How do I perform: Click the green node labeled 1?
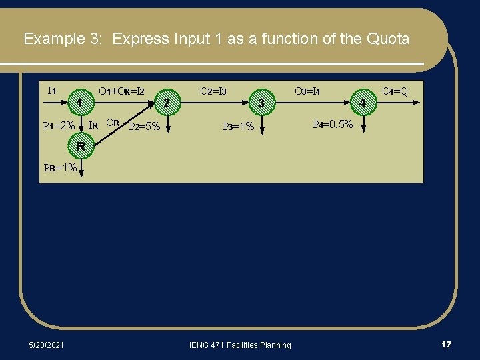(79, 103)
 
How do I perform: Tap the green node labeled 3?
(262, 103)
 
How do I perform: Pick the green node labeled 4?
(363, 103)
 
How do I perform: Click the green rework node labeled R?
(79, 146)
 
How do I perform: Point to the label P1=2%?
(59, 125)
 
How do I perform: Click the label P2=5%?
(144, 126)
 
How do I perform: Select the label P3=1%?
(239, 126)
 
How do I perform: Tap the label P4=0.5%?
(333, 124)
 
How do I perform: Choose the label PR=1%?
(60, 168)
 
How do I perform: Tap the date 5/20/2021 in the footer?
(47, 345)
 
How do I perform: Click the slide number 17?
(446, 344)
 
